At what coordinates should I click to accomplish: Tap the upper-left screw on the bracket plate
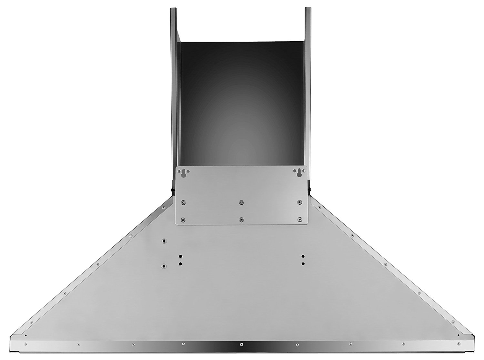coord(183,202)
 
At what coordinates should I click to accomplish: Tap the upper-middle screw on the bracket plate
coord(241,202)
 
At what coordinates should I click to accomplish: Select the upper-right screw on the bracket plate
coord(299,202)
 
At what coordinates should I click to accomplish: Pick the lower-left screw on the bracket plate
coord(183,219)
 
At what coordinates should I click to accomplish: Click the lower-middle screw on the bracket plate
coord(241,219)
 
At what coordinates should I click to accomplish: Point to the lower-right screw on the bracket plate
coord(299,219)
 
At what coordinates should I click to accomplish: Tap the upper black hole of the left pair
coord(180,257)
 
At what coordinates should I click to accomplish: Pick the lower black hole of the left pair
coord(180,264)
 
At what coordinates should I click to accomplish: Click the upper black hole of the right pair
coord(303,256)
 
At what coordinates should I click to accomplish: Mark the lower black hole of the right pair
coord(303,264)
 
